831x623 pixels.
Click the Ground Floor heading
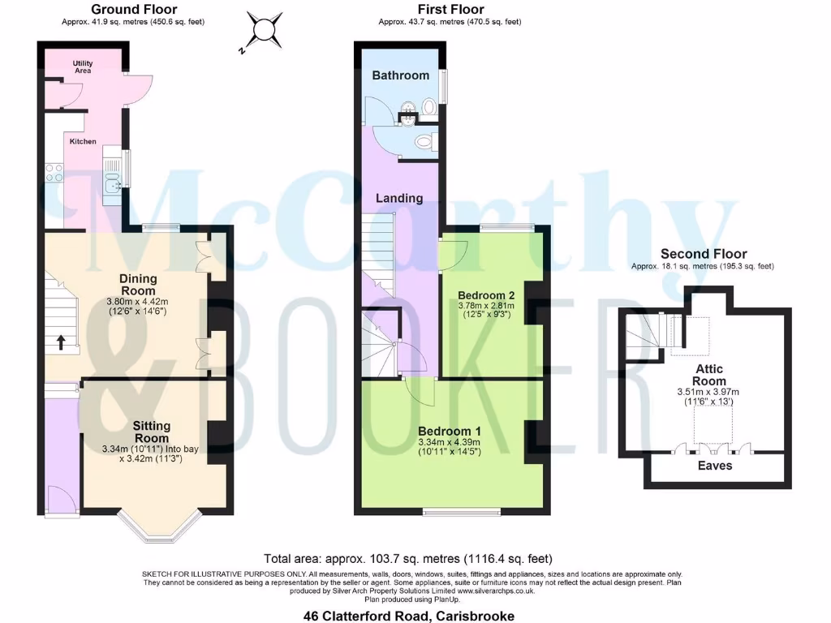point(133,10)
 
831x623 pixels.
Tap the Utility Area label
point(82,67)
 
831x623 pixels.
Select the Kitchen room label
point(83,141)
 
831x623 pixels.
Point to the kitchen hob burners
point(55,172)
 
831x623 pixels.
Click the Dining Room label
point(139,284)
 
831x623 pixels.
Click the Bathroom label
point(400,75)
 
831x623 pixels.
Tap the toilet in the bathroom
point(424,142)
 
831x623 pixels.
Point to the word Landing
point(399,198)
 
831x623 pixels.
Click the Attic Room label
point(709,375)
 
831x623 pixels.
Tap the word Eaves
point(715,466)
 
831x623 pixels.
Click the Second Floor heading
point(703,254)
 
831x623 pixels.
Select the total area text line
point(408,558)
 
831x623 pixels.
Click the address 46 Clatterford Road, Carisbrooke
point(408,616)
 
